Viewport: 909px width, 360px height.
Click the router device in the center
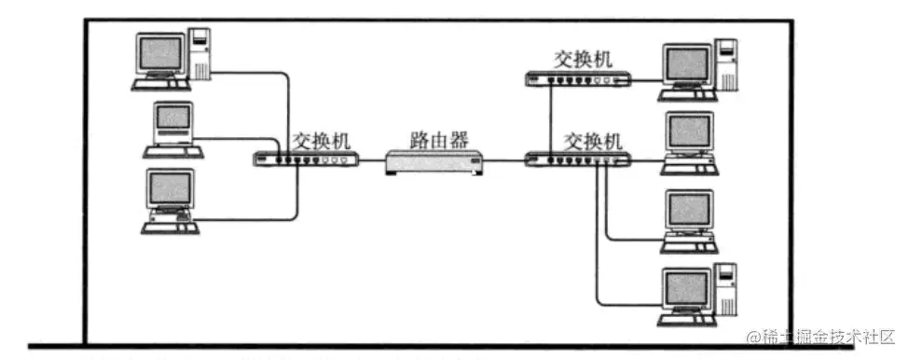tap(434, 164)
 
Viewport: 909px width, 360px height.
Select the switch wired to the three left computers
tap(305, 159)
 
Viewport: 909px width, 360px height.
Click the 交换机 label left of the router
tap(321, 140)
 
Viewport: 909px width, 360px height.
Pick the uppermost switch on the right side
tap(578, 80)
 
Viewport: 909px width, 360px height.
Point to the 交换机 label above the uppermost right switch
tap(583, 60)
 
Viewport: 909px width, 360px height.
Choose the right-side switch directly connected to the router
tap(578, 159)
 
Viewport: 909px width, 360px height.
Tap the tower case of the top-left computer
tap(200, 54)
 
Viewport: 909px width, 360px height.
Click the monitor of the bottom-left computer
tap(171, 189)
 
